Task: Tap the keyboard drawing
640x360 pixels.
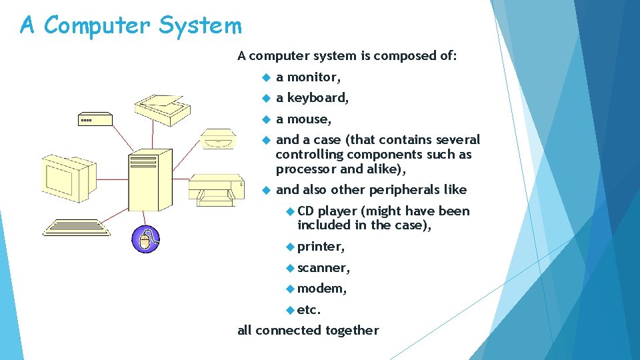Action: [75, 227]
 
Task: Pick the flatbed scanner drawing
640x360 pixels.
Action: [160, 109]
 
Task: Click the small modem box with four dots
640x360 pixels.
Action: [93, 120]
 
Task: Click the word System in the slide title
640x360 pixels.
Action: [200, 26]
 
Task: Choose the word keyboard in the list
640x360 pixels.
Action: [317, 98]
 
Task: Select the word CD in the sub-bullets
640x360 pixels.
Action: [305, 211]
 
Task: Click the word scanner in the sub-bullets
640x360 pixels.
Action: [323, 267]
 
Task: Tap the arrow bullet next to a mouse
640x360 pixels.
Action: [265, 119]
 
